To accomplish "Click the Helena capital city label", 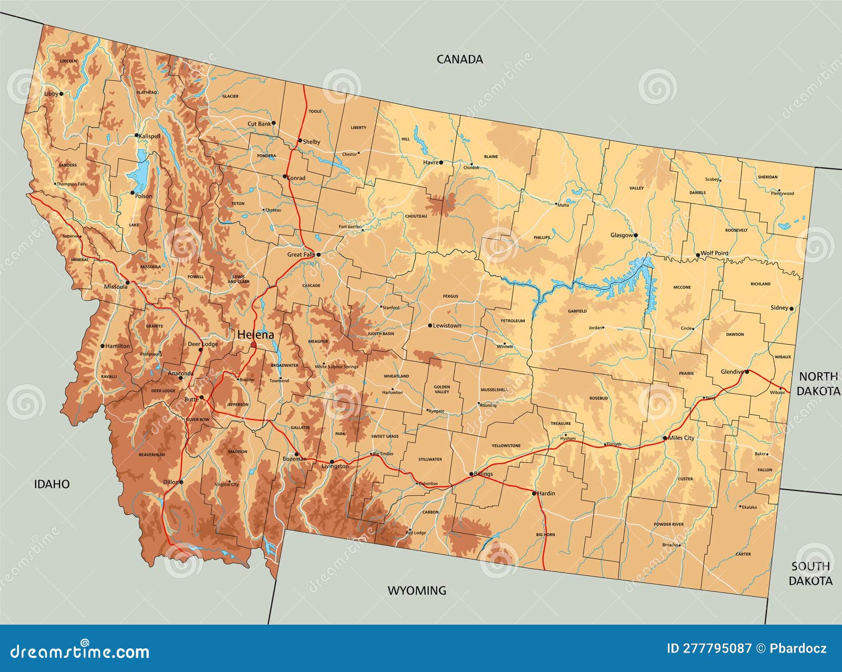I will tap(255, 335).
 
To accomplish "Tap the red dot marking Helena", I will tap(254, 345).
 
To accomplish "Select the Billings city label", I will tap(483, 474).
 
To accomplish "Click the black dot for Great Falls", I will tap(318, 254).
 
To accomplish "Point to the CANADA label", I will tap(459, 59).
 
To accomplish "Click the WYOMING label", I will tap(417, 590).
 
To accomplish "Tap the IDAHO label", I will tap(52, 484).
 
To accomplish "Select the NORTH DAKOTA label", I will tap(818, 384).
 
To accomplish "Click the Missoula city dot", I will tap(127, 282).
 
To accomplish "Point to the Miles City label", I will tap(681, 438).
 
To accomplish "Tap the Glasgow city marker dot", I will tap(636, 235).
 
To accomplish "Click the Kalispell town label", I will tap(149, 136).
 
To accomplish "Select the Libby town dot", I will tap(61, 94).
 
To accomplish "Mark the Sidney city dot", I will tap(791, 308).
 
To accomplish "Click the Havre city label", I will tap(430, 163).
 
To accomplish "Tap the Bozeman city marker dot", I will tap(296, 454).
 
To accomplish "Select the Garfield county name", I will tap(577, 311).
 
